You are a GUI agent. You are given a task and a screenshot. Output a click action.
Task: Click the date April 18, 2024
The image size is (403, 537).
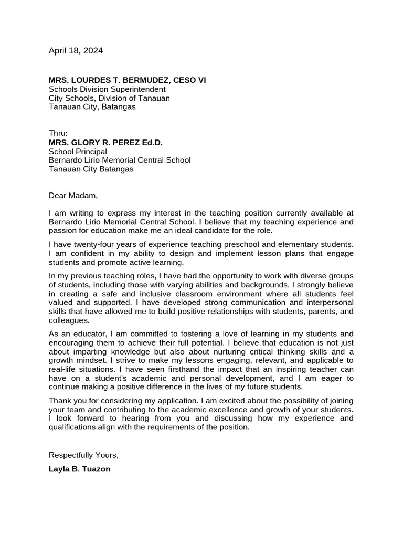[x=76, y=51]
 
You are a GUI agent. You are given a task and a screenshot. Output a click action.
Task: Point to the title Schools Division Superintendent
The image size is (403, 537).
[x=107, y=89]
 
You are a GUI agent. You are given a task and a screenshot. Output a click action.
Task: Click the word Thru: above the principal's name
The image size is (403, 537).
[x=58, y=133]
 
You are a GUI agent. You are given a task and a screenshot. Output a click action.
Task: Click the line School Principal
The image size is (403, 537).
[x=78, y=152]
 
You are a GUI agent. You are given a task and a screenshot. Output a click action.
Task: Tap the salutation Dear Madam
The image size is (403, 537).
[x=73, y=196]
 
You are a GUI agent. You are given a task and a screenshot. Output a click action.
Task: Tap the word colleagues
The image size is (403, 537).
[x=69, y=321]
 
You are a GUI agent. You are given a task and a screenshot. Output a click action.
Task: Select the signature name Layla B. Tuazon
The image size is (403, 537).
[x=79, y=469]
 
